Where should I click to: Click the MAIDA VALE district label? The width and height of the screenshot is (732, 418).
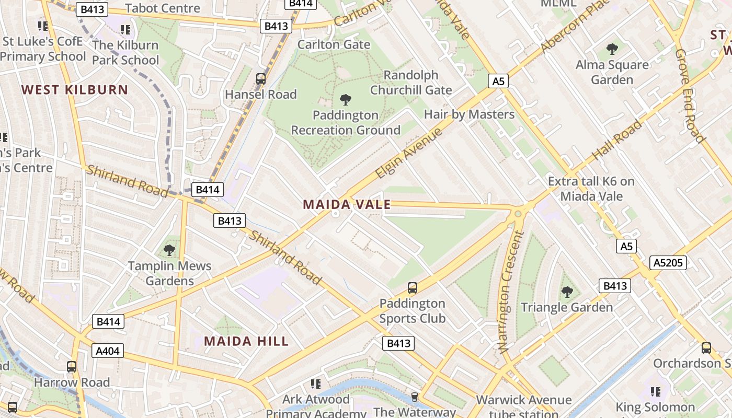(x=347, y=204)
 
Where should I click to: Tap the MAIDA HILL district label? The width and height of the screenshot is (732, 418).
(x=246, y=341)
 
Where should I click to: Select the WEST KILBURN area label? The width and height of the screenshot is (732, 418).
(x=75, y=89)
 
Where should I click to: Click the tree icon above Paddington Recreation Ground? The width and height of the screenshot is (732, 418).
(x=345, y=99)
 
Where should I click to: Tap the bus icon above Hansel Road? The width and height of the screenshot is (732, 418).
(x=261, y=79)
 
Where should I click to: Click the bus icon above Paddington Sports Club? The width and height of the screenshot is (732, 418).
(x=413, y=287)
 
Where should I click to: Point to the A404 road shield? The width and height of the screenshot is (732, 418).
(x=108, y=351)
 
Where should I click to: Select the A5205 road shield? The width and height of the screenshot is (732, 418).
(x=668, y=262)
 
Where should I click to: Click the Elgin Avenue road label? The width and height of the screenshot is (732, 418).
(x=408, y=153)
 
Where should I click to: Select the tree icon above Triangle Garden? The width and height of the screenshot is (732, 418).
(x=567, y=292)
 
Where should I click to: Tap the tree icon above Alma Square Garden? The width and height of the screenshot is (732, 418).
(x=612, y=49)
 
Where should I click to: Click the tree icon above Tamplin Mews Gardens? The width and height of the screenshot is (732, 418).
(x=169, y=250)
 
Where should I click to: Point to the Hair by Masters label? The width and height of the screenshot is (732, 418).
(x=469, y=114)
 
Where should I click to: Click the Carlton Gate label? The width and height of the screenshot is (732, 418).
(x=334, y=44)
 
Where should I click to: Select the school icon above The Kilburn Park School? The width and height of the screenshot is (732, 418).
(x=125, y=29)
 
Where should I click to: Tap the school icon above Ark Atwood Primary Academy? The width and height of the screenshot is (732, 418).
(x=315, y=384)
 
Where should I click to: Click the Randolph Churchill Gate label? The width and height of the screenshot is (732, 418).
(x=411, y=83)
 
